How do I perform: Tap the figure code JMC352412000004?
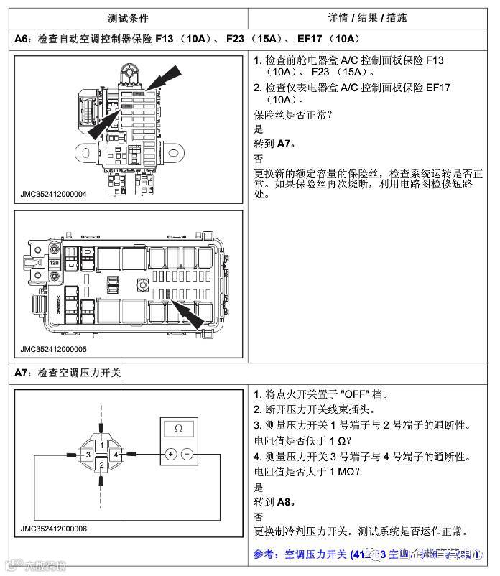coord(54,194)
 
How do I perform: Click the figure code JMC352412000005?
coord(54,349)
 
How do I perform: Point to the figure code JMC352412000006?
coord(54,529)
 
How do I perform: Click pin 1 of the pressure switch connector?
coord(103,445)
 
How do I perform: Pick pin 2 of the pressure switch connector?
coord(103,465)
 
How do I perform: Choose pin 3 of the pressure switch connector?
coord(87,455)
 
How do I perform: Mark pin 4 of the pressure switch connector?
coord(116,455)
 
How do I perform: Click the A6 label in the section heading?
coord(22,39)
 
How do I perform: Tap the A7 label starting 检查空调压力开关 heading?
coord(22,373)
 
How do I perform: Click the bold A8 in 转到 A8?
coord(285,502)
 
